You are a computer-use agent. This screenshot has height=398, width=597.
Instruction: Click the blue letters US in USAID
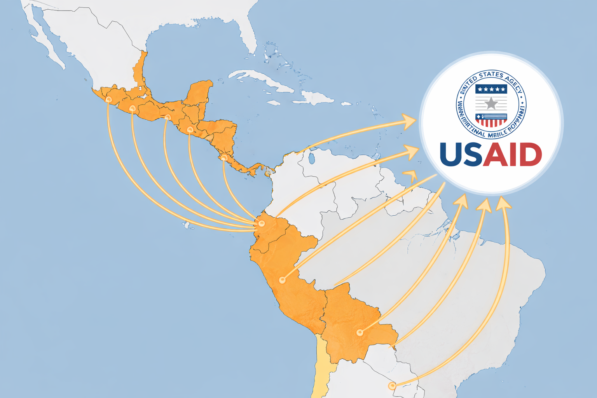click(x=461, y=154)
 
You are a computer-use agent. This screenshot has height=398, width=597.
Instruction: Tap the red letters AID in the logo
click(x=512, y=154)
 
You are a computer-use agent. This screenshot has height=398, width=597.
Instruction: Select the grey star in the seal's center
click(x=491, y=103)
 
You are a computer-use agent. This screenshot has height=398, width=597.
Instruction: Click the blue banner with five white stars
click(x=491, y=89)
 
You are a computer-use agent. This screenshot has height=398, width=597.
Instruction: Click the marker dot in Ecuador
click(x=262, y=223)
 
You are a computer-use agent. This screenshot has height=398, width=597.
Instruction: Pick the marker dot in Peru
click(x=283, y=280)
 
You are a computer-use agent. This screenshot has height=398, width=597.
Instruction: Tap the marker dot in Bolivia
click(x=360, y=333)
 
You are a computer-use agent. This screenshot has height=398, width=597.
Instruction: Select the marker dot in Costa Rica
click(x=224, y=158)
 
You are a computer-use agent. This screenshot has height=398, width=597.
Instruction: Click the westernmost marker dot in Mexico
click(x=108, y=99)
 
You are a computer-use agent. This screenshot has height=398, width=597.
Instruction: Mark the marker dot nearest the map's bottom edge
click(x=392, y=386)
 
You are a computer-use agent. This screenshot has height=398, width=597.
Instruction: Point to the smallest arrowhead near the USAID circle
click(x=411, y=175)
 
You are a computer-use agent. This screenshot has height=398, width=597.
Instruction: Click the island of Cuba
click(x=264, y=80)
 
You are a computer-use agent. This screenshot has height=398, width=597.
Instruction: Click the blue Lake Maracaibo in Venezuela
click(x=311, y=158)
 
